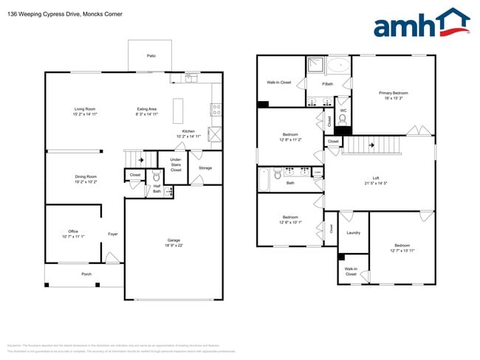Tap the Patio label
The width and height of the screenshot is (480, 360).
(151, 55)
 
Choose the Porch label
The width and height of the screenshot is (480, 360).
(86, 274)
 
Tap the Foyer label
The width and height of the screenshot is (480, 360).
(113, 234)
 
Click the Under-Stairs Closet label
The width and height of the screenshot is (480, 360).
(176, 165)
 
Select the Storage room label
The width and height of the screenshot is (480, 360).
(205, 167)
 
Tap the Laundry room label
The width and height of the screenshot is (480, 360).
(353, 233)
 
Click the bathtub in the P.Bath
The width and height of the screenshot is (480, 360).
(339, 64)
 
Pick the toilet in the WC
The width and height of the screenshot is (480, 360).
(342, 125)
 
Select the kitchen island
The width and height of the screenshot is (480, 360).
(179, 111)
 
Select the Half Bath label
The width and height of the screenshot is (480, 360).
(157, 188)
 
